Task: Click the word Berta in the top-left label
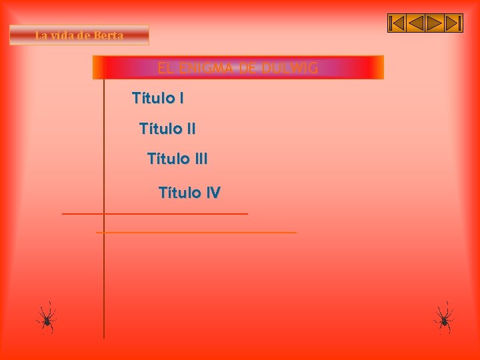[108, 35]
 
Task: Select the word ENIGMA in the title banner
[205, 67]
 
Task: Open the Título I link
[158, 99]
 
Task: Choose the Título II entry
[167, 128]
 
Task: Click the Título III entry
[177, 159]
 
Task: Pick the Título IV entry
[189, 193]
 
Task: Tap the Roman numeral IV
[213, 193]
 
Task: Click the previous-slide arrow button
[415, 23]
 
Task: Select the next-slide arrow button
[435, 23]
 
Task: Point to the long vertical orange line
[104, 280]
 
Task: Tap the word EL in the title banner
[165, 67]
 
